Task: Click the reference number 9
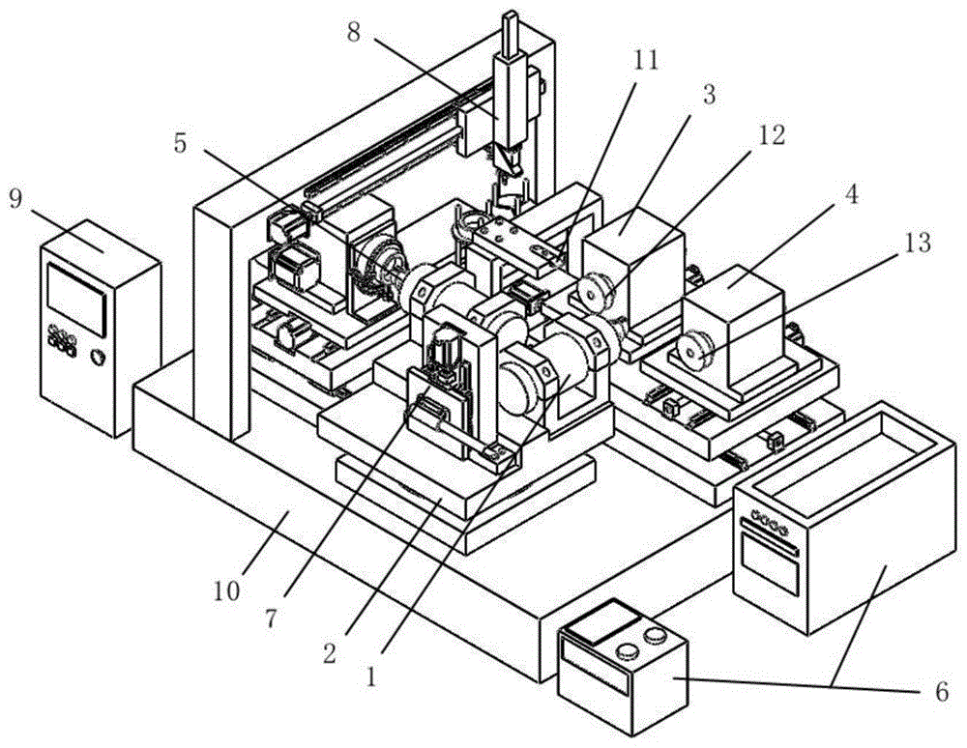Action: (x=16, y=200)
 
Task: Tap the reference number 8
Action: (x=353, y=32)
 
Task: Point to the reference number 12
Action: (x=771, y=135)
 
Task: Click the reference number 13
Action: (x=917, y=243)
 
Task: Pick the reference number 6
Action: (x=942, y=692)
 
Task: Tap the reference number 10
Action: (x=226, y=591)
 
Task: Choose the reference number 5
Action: (x=180, y=144)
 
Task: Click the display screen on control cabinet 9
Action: (x=76, y=300)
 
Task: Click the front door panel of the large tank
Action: (x=771, y=563)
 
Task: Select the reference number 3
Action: (x=709, y=96)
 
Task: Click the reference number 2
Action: (x=330, y=653)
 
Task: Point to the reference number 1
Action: (x=370, y=677)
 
